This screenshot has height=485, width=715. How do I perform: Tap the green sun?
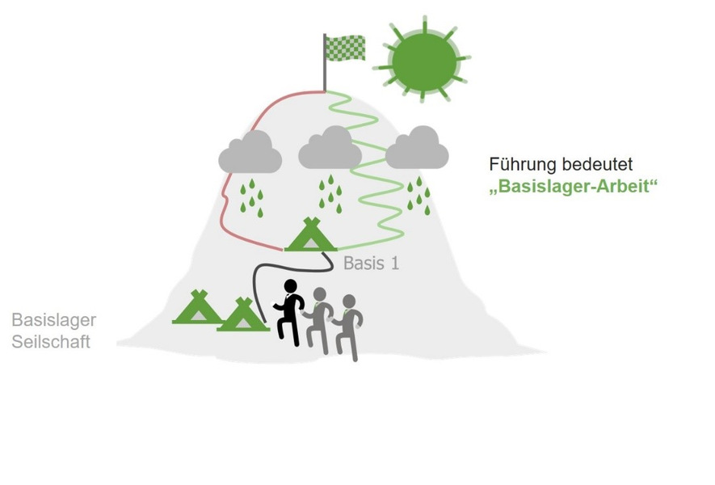(423, 61)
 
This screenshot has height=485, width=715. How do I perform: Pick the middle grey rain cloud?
(330, 149)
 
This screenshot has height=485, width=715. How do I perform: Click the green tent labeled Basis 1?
(311, 236)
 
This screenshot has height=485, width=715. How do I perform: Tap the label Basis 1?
(371, 263)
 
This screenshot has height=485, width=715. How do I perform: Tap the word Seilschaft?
(51, 342)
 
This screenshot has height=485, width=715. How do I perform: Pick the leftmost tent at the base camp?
(196, 308)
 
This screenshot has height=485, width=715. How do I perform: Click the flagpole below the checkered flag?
(325, 77)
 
